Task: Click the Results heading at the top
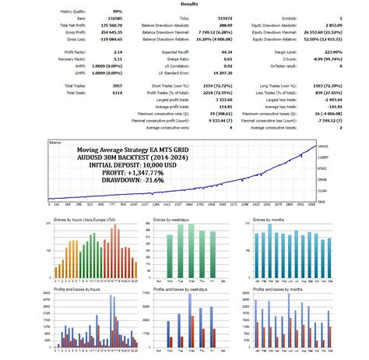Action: point(184,3)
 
